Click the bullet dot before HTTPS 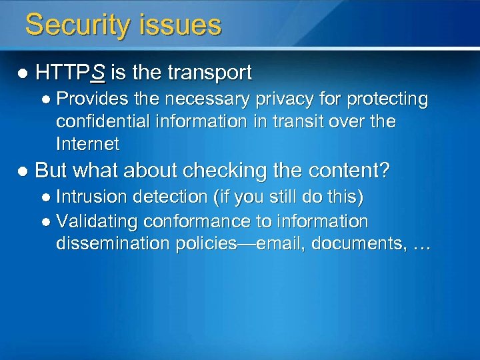[x=23, y=73]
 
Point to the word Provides [x=87, y=99]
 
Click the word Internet [x=87, y=143]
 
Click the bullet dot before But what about [x=23, y=171]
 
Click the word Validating [x=93, y=221]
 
